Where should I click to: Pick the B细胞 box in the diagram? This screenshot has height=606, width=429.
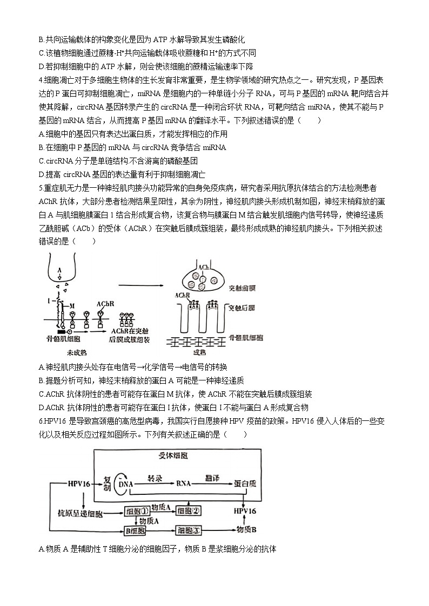pos(135,530)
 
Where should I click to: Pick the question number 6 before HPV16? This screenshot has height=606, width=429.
pos(41,421)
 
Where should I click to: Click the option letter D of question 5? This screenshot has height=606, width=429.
pos(42,407)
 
